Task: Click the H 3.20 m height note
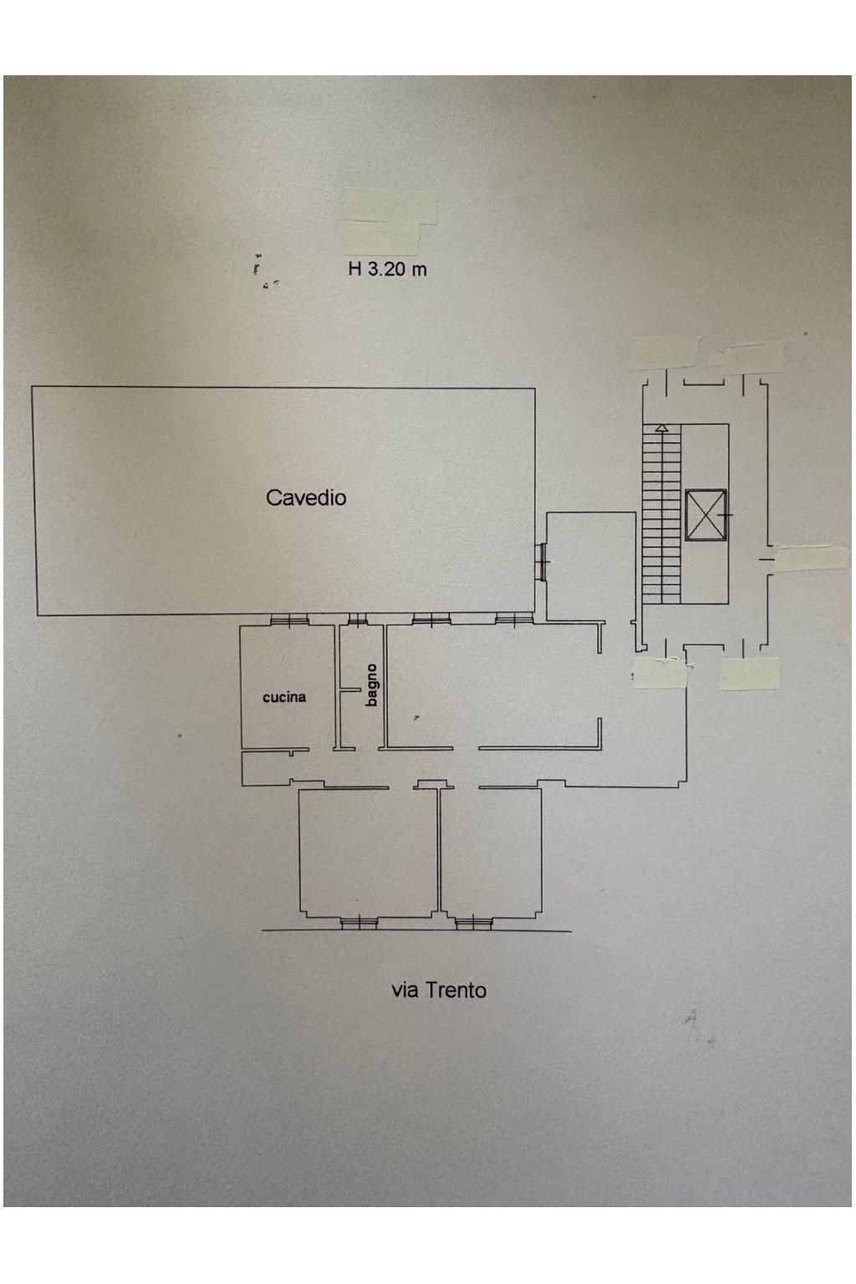(x=387, y=269)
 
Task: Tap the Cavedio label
(x=306, y=497)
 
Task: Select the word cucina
(x=284, y=696)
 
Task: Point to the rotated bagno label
(x=372, y=685)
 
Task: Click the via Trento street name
(x=439, y=990)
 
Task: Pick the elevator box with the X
(x=706, y=515)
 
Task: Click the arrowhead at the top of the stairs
(x=661, y=428)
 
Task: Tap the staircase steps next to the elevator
(x=661, y=518)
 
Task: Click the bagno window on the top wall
(x=358, y=620)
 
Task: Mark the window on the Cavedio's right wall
(x=542, y=562)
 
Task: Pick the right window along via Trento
(x=473, y=922)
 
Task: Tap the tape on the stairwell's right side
(x=812, y=558)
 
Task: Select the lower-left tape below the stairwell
(x=660, y=672)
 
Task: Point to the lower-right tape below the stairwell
(x=749, y=674)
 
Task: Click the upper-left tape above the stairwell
(x=666, y=353)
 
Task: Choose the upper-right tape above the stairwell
(x=749, y=357)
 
